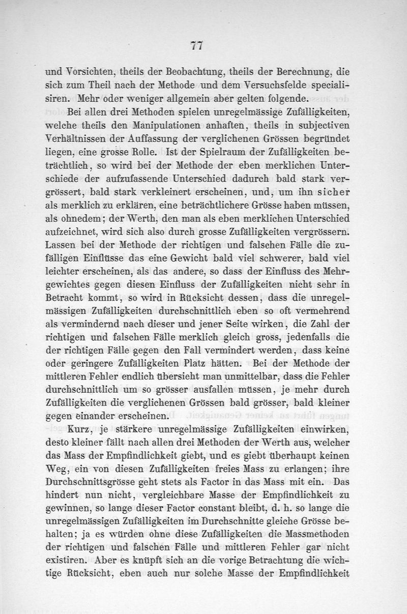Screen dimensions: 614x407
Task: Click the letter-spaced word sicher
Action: (331, 192)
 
